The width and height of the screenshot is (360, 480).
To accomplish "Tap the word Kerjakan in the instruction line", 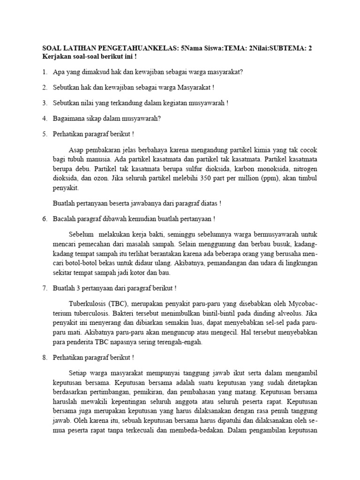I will (57, 56).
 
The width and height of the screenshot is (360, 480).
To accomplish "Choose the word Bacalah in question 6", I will (65, 218).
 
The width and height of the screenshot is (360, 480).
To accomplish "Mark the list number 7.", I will (45, 287).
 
